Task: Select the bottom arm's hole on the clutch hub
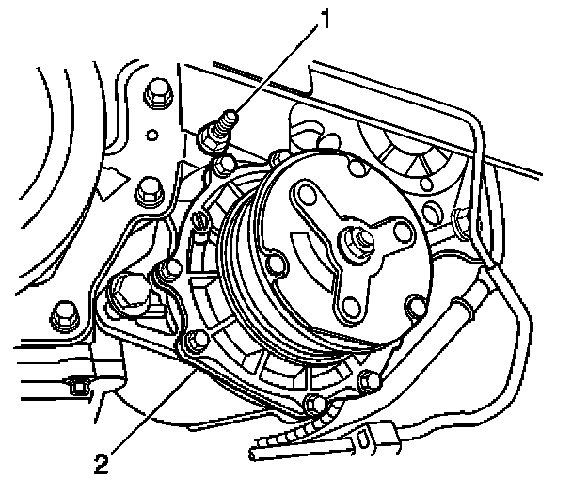point(355,302)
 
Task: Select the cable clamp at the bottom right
point(372,438)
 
